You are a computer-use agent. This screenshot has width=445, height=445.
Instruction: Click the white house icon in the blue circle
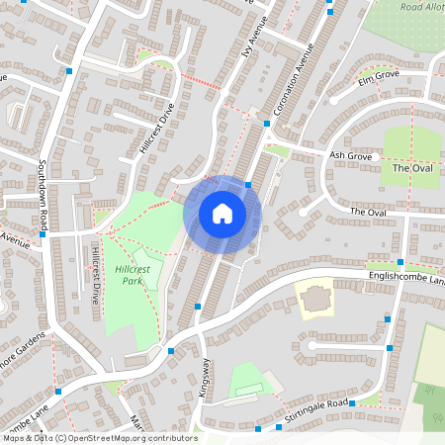(222, 214)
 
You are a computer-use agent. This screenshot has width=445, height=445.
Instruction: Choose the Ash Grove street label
(349, 155)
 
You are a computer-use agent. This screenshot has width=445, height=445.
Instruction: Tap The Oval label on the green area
(413, 168)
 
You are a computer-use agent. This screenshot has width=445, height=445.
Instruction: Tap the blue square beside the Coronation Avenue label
(267, 124)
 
